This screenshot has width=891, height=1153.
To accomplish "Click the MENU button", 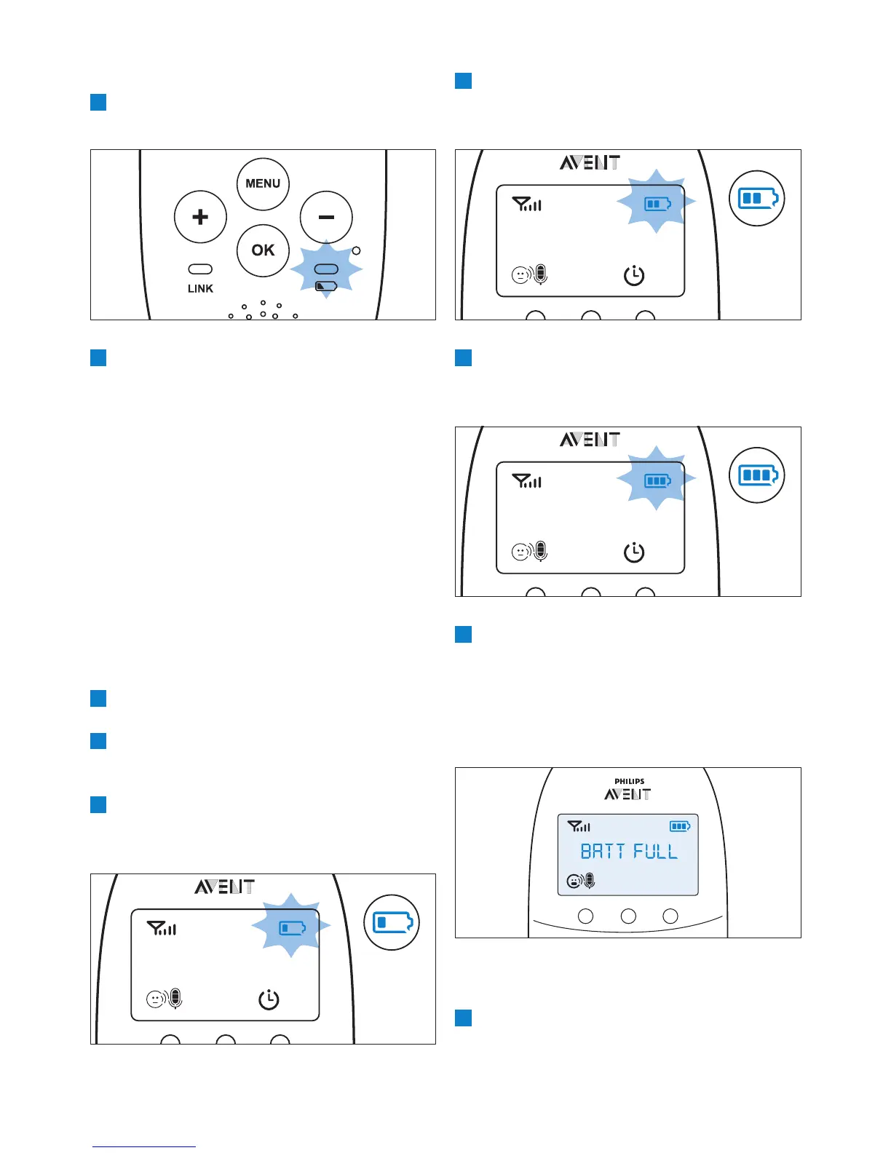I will [x=263, y=183].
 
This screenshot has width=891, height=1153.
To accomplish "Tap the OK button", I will [x=263, y=250].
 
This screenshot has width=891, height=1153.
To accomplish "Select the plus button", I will [x=200, y=217].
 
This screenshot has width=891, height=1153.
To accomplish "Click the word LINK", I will [x=200, y=289].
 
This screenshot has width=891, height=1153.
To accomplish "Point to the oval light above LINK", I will [x=200, y=269].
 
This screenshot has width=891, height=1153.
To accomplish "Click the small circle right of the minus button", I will [x=356, y=250].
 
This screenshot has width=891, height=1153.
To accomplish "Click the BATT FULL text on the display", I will [x=629, y=852].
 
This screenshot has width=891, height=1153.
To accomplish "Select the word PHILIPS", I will [x=629, y=782].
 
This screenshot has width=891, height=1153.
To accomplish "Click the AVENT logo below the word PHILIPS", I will [x=627, y=794].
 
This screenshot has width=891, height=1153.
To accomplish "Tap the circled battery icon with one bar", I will [x=392, y=922].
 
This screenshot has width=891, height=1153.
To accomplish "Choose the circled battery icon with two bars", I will [x=757, y=198].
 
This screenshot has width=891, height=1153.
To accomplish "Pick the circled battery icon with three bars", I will [x=757, y=475].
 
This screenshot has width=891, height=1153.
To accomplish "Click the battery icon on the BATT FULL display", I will [x=680, y=826].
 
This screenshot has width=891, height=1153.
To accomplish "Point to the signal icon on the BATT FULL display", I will [x=579, y=826].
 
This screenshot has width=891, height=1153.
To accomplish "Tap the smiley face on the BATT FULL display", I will [x=574, y=881].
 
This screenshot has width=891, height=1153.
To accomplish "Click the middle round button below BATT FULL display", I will [x=628, y=916].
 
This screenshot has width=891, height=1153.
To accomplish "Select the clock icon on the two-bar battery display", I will [x=634, y=276].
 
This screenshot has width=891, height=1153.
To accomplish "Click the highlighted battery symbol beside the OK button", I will [x=326, y=286].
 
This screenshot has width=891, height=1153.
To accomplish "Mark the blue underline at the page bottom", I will [x=144, y=1146].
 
